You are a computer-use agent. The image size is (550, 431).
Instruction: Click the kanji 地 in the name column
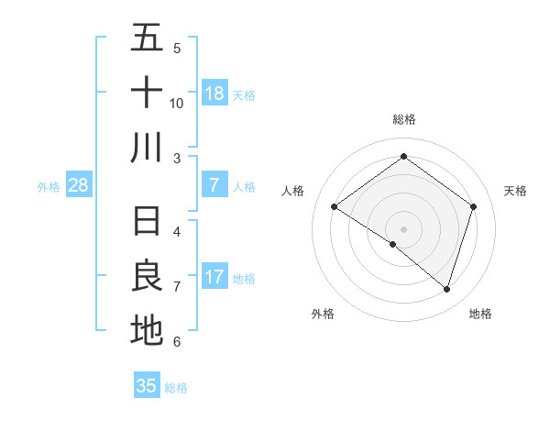[x=147, y=330]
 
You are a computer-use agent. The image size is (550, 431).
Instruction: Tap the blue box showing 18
[x=214, y=94]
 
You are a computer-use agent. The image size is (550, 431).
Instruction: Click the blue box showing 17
[x=214, y=278]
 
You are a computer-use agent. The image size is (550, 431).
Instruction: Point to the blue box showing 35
[x=147, y=386]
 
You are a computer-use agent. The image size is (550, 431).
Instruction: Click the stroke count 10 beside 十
[x=177, y=103]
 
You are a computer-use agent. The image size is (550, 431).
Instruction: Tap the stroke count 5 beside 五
[x=177, y=48]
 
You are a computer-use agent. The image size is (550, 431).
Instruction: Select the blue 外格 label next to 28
[x=49, y=187]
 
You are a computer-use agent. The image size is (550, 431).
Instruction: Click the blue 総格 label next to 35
[x=176, y=387]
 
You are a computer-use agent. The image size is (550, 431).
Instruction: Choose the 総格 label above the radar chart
[x=403, y=119]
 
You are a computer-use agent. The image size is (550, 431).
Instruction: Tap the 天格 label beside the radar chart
[x=515, y=191]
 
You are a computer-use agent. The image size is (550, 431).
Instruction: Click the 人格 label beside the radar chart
[x=292, y=191]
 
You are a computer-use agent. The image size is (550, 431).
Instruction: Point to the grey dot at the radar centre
[x=403, y=227]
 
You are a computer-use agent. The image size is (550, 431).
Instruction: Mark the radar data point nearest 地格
[x=446, y=289]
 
